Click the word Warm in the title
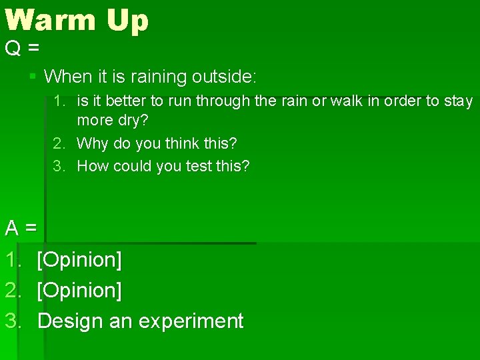click(x=51, y=20)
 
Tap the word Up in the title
click(x=127, y=21)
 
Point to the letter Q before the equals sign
click(x=13, y=49)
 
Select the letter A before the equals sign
click(x=12, y=229)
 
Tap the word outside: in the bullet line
click(x=223, y=77)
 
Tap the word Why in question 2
click(x=90, y=143)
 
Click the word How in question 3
click(x=91, y=166)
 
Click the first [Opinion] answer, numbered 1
click(x=79, y=260)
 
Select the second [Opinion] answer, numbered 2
click(x=79, y=291)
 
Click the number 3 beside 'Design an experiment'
click(x=13, y=321)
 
